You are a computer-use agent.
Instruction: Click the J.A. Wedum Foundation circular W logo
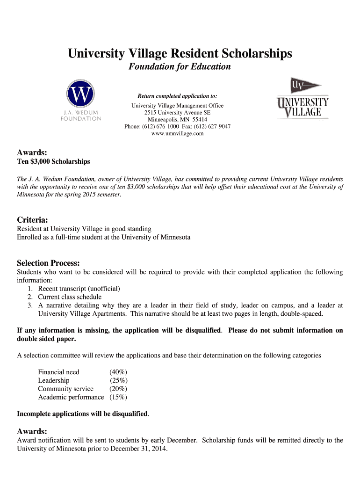point(81,95)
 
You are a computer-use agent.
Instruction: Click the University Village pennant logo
point(303,99)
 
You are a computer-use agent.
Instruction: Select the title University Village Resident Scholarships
point(180,54)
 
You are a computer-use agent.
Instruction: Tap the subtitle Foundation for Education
point(180,66)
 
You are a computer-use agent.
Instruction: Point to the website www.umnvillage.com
point(178,134)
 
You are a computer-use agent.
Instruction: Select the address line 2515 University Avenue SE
point(178,113)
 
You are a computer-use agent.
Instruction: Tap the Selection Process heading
point(48,263)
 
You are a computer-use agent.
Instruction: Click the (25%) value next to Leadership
point(118,380)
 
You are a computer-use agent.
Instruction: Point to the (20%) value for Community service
point(118,389)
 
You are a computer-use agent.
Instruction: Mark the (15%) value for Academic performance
point(118,397)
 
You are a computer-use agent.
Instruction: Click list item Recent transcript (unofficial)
point(79,289)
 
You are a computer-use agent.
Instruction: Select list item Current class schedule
point(70,297)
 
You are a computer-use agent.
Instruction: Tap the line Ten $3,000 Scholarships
point(53,162)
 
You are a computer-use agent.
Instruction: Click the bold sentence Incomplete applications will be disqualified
point(82,414)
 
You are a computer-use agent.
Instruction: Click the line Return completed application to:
point(177,96)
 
